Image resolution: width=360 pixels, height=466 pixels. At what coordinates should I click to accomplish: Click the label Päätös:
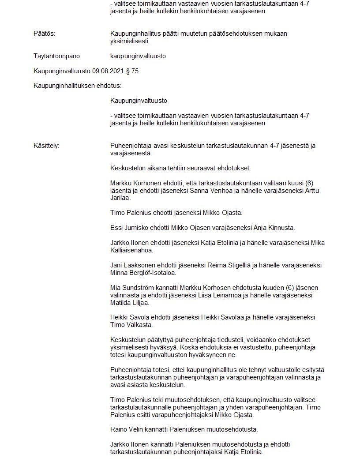[45, 34]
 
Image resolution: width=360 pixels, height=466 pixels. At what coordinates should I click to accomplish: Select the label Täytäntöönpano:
[57, 56]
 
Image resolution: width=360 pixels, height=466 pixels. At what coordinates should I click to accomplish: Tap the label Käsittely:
[46, 146]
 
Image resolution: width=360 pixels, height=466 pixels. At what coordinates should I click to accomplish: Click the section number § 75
[132, 71]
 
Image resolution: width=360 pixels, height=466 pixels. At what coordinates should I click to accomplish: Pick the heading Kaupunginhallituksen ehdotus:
[78, 86]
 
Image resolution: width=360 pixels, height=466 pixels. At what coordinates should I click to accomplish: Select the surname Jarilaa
[120, 198]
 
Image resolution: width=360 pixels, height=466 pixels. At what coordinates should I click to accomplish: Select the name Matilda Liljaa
[130, 303]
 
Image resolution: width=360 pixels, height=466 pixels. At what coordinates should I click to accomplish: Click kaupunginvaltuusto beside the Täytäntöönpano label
[138, 56]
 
